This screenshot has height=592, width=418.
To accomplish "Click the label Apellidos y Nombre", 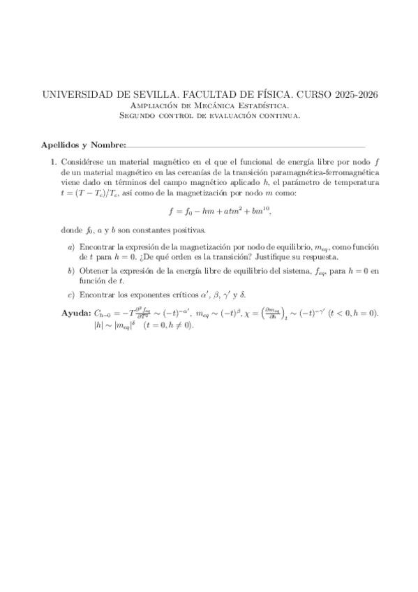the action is [82, 145].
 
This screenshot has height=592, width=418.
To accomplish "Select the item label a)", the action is [70, 247].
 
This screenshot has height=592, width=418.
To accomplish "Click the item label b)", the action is [70, 270].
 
